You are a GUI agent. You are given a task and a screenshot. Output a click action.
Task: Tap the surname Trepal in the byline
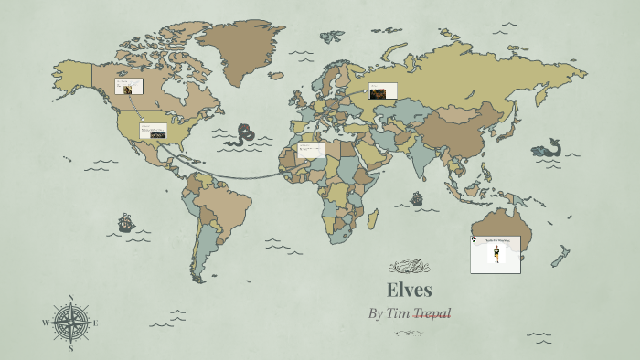click(x=432, y=313)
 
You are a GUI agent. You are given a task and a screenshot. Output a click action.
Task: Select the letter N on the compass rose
click(x=70, y=298)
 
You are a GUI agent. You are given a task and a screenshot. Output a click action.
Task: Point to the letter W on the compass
click(x=46, y=323)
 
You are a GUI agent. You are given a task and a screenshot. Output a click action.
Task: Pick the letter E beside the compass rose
click(x=95, y=323)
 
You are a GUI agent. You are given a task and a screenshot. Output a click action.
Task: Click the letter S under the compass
click(x=70, y=348)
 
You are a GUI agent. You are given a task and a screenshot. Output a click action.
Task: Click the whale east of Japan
click(x=547, y=148)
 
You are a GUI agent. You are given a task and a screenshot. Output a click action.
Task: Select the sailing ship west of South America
click(x=125, y=222)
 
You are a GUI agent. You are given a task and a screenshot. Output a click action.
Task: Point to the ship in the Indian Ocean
click(x=417, y=197)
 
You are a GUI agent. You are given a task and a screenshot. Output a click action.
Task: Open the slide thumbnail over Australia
click(x=496, y=254)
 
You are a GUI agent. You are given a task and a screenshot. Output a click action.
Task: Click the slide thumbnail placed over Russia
click(x=382, y=90)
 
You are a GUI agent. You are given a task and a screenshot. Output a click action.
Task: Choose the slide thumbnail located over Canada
click(x=128, y=88)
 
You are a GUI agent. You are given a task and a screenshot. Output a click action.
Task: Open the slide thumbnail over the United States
click(x=153, y=131)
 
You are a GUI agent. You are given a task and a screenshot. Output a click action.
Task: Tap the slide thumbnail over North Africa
click(x=311, y=150)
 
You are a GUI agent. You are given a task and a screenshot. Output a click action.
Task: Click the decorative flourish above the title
click(x=409, y=267)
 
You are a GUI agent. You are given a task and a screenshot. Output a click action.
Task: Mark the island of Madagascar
click(x=373, y=219)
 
